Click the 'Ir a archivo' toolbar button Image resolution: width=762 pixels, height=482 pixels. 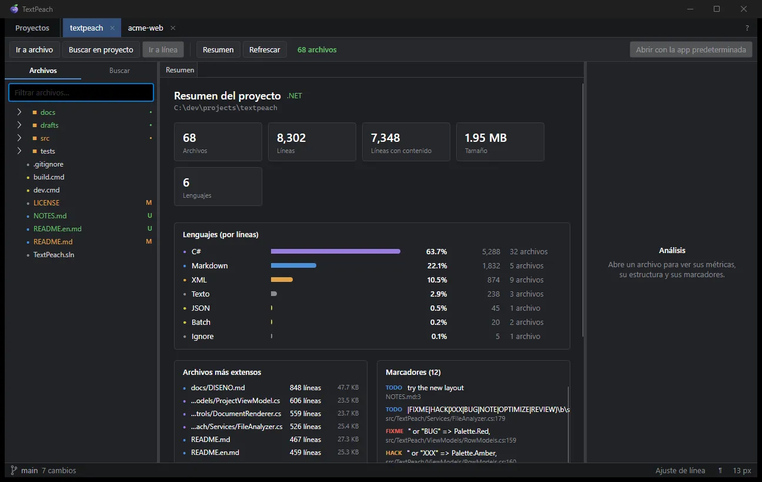point(34,49)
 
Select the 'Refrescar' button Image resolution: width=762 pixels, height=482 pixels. point(265,49)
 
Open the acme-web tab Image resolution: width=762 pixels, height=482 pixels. point(146,28)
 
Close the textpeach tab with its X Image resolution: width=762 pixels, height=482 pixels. point(112,28)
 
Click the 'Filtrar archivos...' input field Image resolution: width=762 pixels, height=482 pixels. point(81,92)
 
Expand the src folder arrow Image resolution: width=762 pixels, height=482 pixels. point(19,138)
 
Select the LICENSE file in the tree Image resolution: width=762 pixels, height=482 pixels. point(46,203)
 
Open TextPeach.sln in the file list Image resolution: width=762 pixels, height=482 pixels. point(54,255)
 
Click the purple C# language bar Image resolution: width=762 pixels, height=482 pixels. point(335,251)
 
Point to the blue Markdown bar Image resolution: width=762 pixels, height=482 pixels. point(293,265)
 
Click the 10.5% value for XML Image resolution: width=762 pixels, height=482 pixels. point(437,280)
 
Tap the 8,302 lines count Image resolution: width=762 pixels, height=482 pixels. point(291,138)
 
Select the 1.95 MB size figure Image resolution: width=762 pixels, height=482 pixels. point(486,138)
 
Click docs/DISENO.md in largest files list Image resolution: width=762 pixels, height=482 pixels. point(218,388)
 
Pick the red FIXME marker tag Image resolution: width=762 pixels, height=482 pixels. point(395,431)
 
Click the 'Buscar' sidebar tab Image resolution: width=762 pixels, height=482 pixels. point(119,71)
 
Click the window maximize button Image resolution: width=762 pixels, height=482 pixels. point(717,9)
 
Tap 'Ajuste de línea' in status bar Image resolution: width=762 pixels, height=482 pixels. point(680,470)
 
